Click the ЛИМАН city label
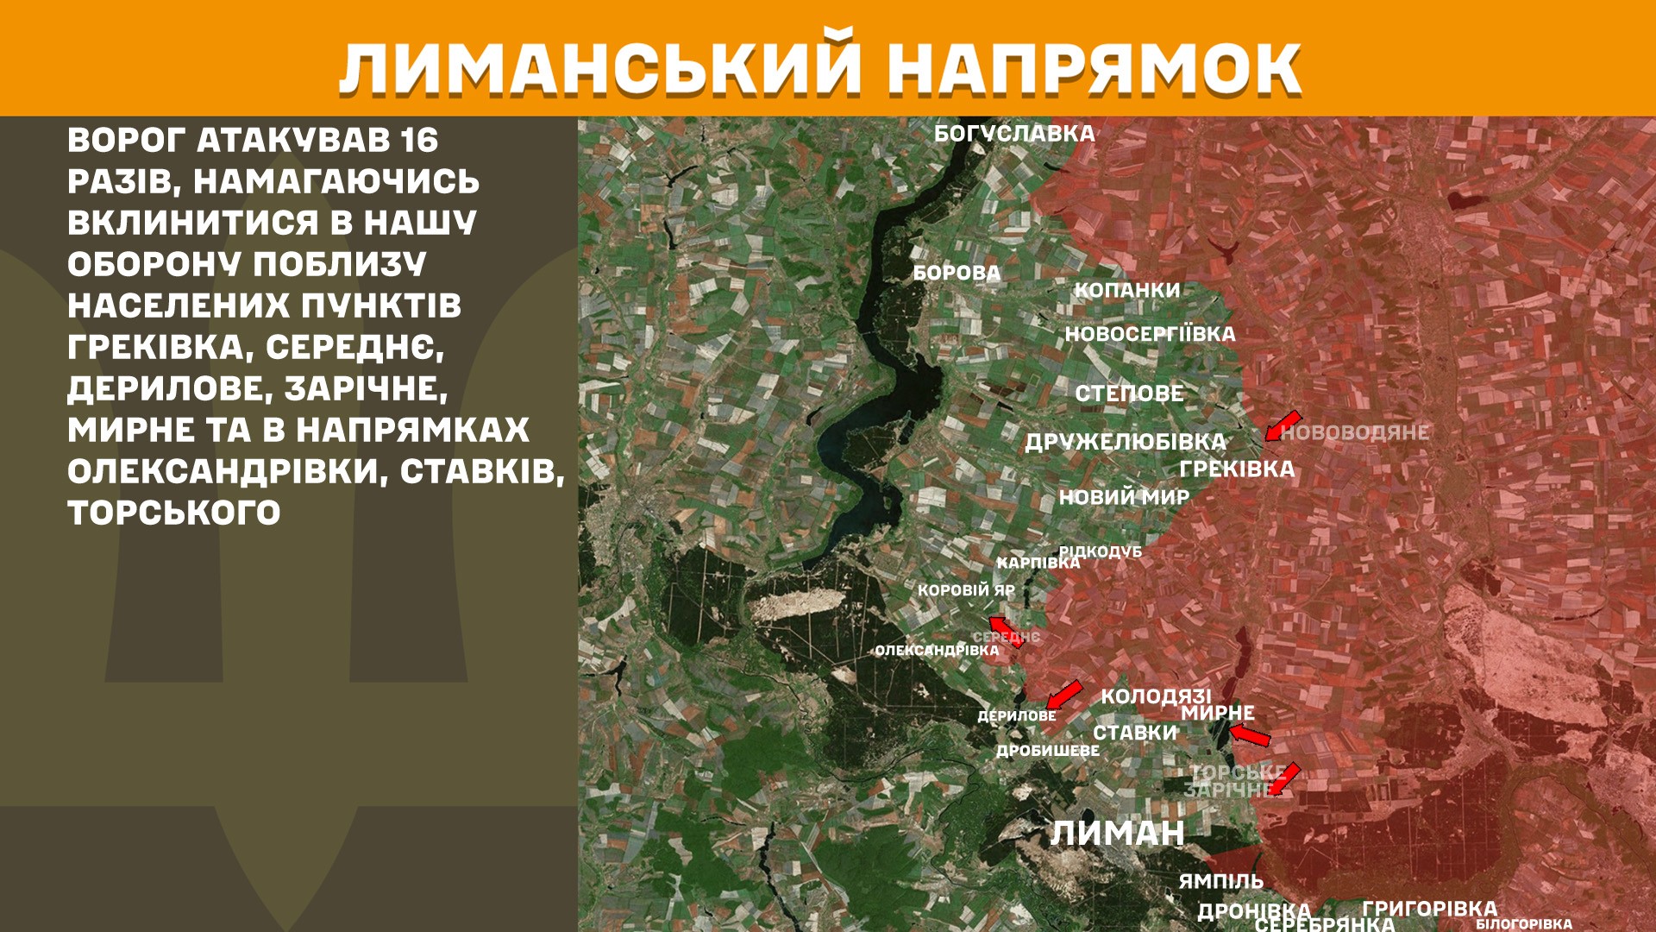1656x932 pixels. click(x=1117, y=833)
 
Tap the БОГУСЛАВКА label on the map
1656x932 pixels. click(x=1014, y=134)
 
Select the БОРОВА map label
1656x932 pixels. click(x=957, y=273)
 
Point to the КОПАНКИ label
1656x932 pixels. click(x=1126, y=290)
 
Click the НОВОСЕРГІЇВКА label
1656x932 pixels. click(x=1150, y=334)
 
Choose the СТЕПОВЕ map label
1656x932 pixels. click(x=1129, y=394)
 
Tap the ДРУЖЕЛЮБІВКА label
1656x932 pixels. click(x=1125, y=442)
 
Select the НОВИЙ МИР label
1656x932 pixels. click(x=1124, y=497)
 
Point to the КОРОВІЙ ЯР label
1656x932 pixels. click(x=966, y=590)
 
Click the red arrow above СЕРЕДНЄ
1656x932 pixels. click(x=1005, y=631)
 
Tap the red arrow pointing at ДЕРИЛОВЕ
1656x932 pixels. click(x=1064, y=694)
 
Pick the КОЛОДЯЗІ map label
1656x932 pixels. click(x=1156, y=696)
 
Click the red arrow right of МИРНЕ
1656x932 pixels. click(x=1250, y=735)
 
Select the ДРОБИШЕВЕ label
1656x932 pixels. click(x=1048, y=751)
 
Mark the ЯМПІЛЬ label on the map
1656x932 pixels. click(x=1220, y=881)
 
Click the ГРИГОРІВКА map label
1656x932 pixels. click(x=1429, y=908)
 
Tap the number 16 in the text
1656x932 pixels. click(x=419, y=140)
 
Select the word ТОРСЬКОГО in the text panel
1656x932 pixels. click(x=174, y=513)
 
